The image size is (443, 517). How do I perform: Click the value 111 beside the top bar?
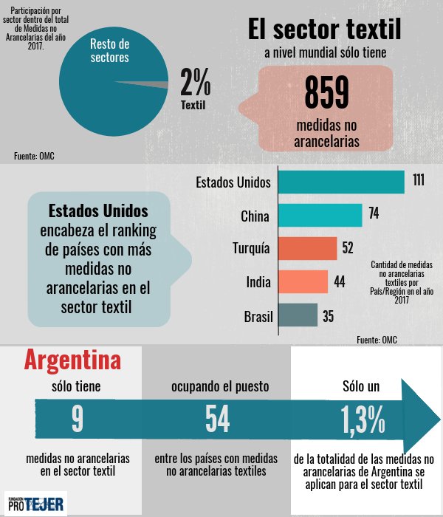point(419,182)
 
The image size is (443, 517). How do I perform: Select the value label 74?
point(374,215)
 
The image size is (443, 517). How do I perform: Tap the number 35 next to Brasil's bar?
point(329,316)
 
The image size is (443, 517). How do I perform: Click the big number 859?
point(326,93)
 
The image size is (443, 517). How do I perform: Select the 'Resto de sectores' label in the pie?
point(109,51)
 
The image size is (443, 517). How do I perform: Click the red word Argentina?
point(72,360)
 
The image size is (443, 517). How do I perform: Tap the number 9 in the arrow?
point(78,419)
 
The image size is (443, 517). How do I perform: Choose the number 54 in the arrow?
point(217,419)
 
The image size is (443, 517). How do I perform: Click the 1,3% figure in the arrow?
point(363,419)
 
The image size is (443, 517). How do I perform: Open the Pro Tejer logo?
point(35,504)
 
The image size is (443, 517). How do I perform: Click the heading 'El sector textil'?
point(324,30)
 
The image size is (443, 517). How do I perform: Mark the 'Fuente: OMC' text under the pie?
point(34,155)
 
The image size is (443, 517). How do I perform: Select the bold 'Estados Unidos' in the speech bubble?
point(98,210)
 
